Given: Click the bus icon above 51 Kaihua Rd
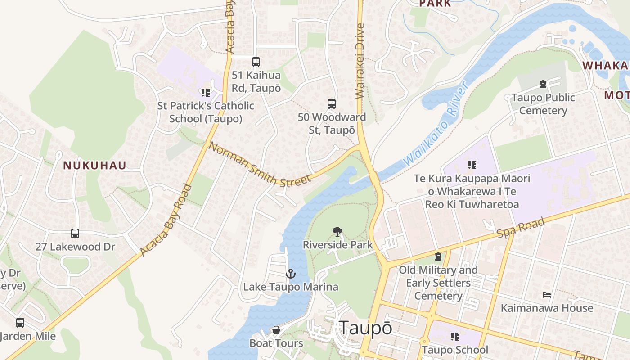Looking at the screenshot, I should pos(256,62).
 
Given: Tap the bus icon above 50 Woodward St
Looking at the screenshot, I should pos(332,104).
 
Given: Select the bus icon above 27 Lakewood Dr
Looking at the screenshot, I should pos(75,234).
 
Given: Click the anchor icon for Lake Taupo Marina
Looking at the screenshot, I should pos(291,274).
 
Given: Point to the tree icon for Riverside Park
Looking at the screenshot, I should pos(337,232).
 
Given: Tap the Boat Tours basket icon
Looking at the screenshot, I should pos(276,330).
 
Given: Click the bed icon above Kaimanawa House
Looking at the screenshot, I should pos(547,295).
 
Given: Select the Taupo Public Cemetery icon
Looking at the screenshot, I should pos(543,84).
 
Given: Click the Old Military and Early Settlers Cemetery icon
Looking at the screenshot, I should pos(438,256).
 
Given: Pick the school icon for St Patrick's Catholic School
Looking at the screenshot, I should pos(206,93).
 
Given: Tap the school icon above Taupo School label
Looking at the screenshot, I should pos(455,337).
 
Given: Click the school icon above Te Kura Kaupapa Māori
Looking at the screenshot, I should pos(472,165).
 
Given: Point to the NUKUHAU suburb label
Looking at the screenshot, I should pos(94,166).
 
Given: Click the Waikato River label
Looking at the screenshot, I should pos(436,123).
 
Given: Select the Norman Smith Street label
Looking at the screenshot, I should pos(260,165).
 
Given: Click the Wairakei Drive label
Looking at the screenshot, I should pos(359,67).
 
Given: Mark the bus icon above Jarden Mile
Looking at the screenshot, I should pos(20,323).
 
